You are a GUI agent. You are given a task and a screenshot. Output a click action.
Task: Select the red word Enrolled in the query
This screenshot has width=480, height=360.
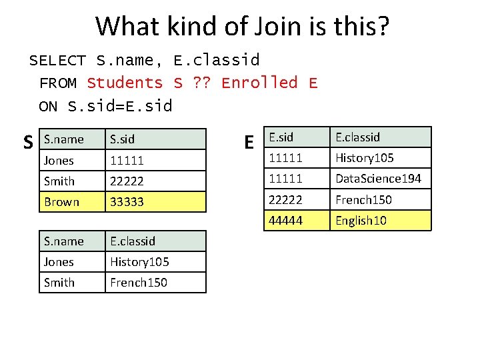[x=259, y=83]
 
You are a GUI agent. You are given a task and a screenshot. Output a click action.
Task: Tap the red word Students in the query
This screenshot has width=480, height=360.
[x=125, y=83]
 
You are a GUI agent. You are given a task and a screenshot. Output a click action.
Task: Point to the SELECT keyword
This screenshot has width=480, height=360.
[x=57, y=60]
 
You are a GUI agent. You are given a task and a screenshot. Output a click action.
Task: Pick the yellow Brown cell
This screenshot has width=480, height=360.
[x=61, y=202]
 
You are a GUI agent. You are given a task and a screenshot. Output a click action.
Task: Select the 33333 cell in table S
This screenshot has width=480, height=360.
[x=127, y=202]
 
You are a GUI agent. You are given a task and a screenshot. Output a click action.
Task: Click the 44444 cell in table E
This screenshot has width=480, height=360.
[x=284, y=221]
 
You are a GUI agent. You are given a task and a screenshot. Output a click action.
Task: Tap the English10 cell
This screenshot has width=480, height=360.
[x=361, y=221]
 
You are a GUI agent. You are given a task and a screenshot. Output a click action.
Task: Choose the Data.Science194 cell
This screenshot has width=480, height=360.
[x=378, y=179]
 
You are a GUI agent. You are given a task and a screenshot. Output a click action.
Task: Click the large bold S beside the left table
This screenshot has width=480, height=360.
[x=28, y=142]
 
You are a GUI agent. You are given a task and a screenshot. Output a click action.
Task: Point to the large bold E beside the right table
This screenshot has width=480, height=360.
[x=249, y=142]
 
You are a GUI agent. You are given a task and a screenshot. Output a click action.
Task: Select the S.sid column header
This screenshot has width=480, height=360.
[x=123, y=139]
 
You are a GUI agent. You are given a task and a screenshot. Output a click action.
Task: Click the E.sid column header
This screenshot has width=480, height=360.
[x=281, y=137]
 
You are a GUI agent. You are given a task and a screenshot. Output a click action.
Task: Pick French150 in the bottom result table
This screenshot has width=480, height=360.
[x=139, y=283]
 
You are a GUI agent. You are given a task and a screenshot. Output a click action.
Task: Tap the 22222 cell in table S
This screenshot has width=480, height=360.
[x=127, y=181]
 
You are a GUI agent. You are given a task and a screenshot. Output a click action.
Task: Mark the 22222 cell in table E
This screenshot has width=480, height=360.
[x=284, y=200]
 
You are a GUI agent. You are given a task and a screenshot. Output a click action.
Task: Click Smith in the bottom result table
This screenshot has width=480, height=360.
[x=59, y=283]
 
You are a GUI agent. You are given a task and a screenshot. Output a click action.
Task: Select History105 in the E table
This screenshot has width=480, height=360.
[x=364, y=158]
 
